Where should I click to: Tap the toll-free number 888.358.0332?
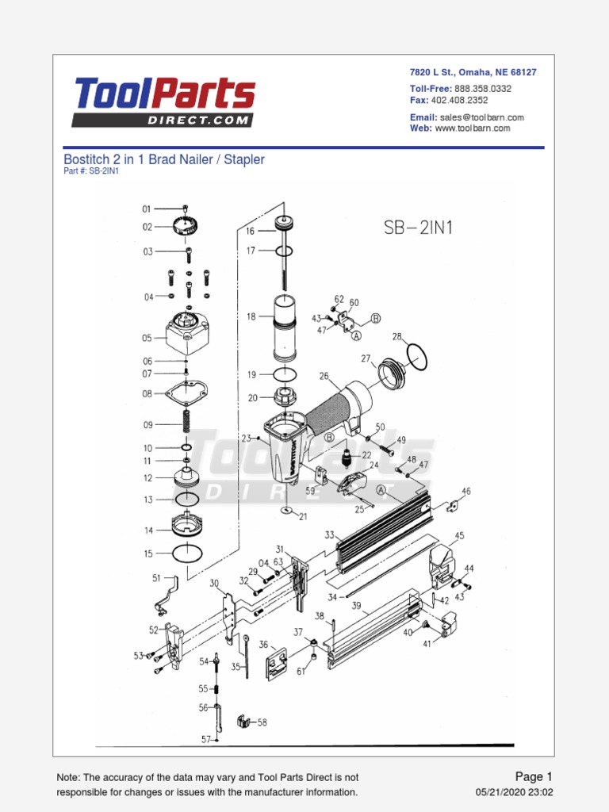coord(482,89)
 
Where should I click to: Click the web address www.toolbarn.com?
coord(472,128)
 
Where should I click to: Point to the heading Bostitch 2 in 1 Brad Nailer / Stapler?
coord(163,159)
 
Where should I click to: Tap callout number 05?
coord(147,339)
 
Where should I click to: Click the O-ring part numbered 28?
coord(416,355)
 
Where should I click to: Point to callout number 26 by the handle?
coord(324,376)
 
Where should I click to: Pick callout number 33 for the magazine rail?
coord(329,535)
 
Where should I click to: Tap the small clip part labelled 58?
coord(243,723)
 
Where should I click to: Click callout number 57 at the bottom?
coord(205,739)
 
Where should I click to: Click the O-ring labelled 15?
coord(187,552)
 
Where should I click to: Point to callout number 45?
coord(459,536)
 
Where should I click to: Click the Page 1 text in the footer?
coord(533,776)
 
